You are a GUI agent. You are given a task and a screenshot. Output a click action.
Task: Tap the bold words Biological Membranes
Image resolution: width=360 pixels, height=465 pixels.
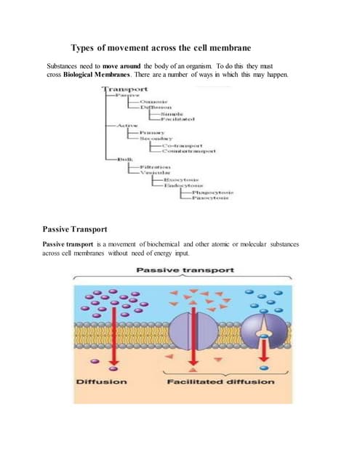[x=92, y=76]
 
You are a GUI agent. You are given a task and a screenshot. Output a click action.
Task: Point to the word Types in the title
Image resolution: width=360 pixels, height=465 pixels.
[x=85, y=48]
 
